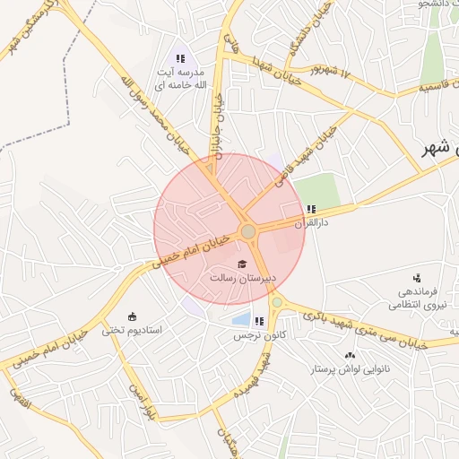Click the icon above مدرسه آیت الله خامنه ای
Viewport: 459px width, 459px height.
pyautogui.click(x=180, y=58)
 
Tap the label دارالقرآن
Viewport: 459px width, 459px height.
pyautogui.click(x=313, y=223)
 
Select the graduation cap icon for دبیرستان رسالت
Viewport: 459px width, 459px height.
pyautogui.click(x=240, y=264)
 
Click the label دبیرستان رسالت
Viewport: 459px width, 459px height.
pyautogui.click(x=240, y=279)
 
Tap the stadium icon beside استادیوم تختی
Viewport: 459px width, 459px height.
pyautogui.click(x=133, y=316)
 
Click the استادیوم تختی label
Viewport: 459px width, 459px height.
pyautogui.click(x=131, y=330)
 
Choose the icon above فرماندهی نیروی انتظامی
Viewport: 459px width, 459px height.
pyautogui.click(x=420, y=278)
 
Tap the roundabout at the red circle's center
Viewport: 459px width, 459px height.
pyautogui.click(x=248, y=231)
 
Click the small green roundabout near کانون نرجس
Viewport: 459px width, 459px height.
pyautogui.click(x=278, y=302)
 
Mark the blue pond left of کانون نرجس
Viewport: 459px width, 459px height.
pyautogui.click(x=240, y=318)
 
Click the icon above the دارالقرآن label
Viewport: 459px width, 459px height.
pyautogui.click(x=311, y=210)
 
